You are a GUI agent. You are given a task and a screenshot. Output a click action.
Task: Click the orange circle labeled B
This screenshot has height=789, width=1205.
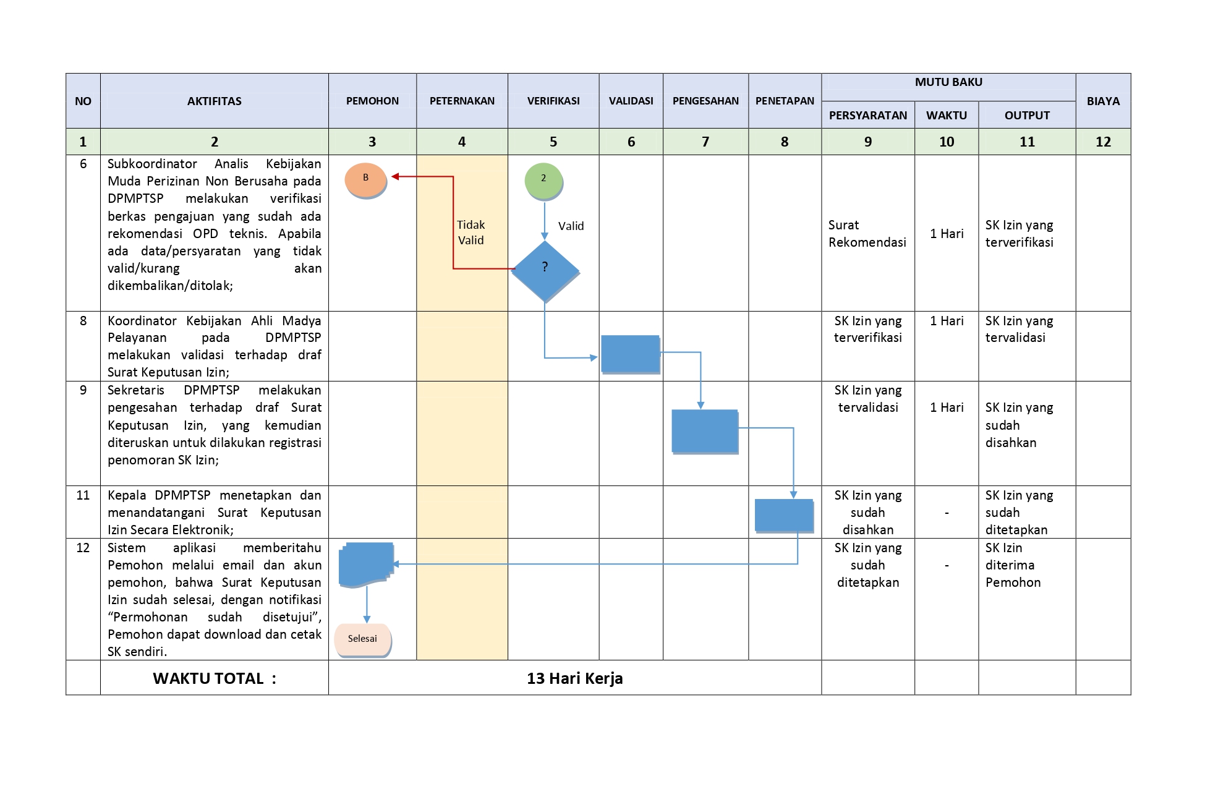click(366, 180)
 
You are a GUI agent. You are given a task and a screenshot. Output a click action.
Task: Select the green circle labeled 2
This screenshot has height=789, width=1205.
click(544, 181)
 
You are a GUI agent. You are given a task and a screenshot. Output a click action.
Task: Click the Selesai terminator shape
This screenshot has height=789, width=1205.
click(363, 640)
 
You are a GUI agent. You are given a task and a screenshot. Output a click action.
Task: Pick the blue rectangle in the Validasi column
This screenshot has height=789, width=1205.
click(631, 354)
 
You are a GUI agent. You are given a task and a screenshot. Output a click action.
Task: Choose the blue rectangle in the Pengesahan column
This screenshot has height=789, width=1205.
click(705, 432)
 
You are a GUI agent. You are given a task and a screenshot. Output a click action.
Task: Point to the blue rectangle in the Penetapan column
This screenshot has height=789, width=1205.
click(784, 516)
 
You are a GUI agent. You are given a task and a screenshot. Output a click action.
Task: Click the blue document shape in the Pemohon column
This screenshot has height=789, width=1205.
click(366, 565)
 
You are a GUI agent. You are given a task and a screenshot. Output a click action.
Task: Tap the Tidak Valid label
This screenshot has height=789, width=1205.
click(471, 232)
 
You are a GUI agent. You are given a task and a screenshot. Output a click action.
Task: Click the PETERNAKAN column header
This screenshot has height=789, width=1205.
click(462, 101)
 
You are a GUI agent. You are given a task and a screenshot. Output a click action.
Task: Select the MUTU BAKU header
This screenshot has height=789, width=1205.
click(948, 82)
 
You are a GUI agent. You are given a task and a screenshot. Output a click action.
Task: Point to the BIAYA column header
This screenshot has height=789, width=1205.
click(1103, 101)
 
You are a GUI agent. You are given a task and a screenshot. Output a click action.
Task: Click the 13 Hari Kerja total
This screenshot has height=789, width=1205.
click(575, 678)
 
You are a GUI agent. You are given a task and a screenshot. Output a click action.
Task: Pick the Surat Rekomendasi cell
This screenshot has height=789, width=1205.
click(867, 234)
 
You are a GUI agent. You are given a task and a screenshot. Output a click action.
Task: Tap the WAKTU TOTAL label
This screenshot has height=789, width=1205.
click(215, 678)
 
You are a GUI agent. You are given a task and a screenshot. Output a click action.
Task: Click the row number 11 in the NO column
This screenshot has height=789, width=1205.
click(83, 495)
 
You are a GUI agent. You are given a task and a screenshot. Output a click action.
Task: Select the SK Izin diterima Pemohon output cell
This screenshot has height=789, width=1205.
click(1013, 565)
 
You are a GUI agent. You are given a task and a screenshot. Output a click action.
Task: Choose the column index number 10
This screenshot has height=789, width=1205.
click(947, 142)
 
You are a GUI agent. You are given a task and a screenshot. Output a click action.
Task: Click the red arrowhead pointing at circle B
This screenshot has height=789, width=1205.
click(395, 176)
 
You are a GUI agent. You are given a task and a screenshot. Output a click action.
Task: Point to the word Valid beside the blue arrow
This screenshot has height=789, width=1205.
click(571, 226)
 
